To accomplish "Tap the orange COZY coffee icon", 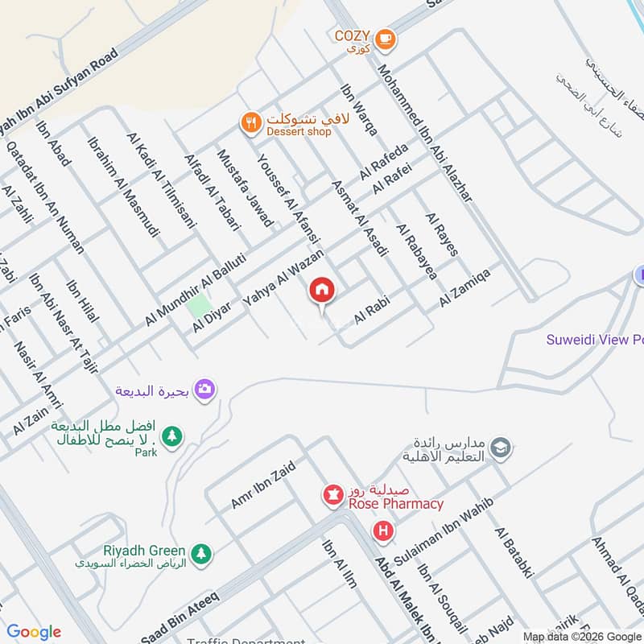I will click(x=386, y=36).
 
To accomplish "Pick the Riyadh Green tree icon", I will click(x=201, y=553).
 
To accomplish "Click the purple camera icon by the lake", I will click(x=205, y=389).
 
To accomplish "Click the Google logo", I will click(x=34, y=632).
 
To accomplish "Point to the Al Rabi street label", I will click(x=372, y=309).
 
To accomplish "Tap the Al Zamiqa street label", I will click(x=465, y=287).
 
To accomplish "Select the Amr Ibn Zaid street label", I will click(x=263, y=485).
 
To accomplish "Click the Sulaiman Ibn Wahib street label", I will click(x=443, y=522).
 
